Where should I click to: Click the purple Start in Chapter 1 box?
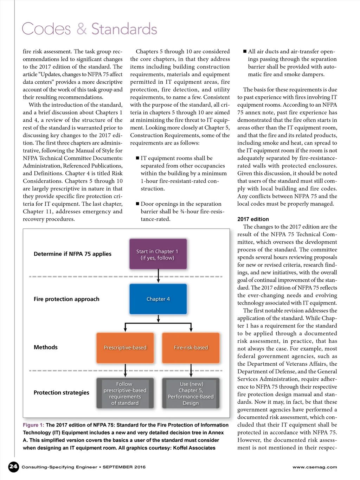pos(158,254)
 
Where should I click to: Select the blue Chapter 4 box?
pos(158,299)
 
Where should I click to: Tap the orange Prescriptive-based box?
pos(125,347)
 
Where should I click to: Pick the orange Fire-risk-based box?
pos(191,347)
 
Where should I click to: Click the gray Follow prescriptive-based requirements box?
pos(125,393)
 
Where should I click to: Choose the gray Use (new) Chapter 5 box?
pos(191,393)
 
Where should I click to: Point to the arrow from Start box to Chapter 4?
pos(158,276)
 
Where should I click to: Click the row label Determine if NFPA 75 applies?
pos(72,254)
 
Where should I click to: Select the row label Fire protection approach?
pos(66,299)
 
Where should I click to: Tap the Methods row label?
pos(46,347)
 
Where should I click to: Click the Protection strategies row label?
pos(62,392)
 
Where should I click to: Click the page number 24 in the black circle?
pos(13,467)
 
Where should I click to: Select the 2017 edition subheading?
pos(253,219)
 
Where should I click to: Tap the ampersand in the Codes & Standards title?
pos(82,29)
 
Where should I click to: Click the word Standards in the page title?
pos(124,29)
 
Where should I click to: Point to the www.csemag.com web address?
pos(315,467)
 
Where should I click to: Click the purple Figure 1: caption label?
pos(33,425)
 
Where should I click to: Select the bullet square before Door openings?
pos(137,204)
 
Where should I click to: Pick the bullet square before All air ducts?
pos(245,51)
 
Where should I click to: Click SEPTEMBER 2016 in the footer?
pos(124,467)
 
